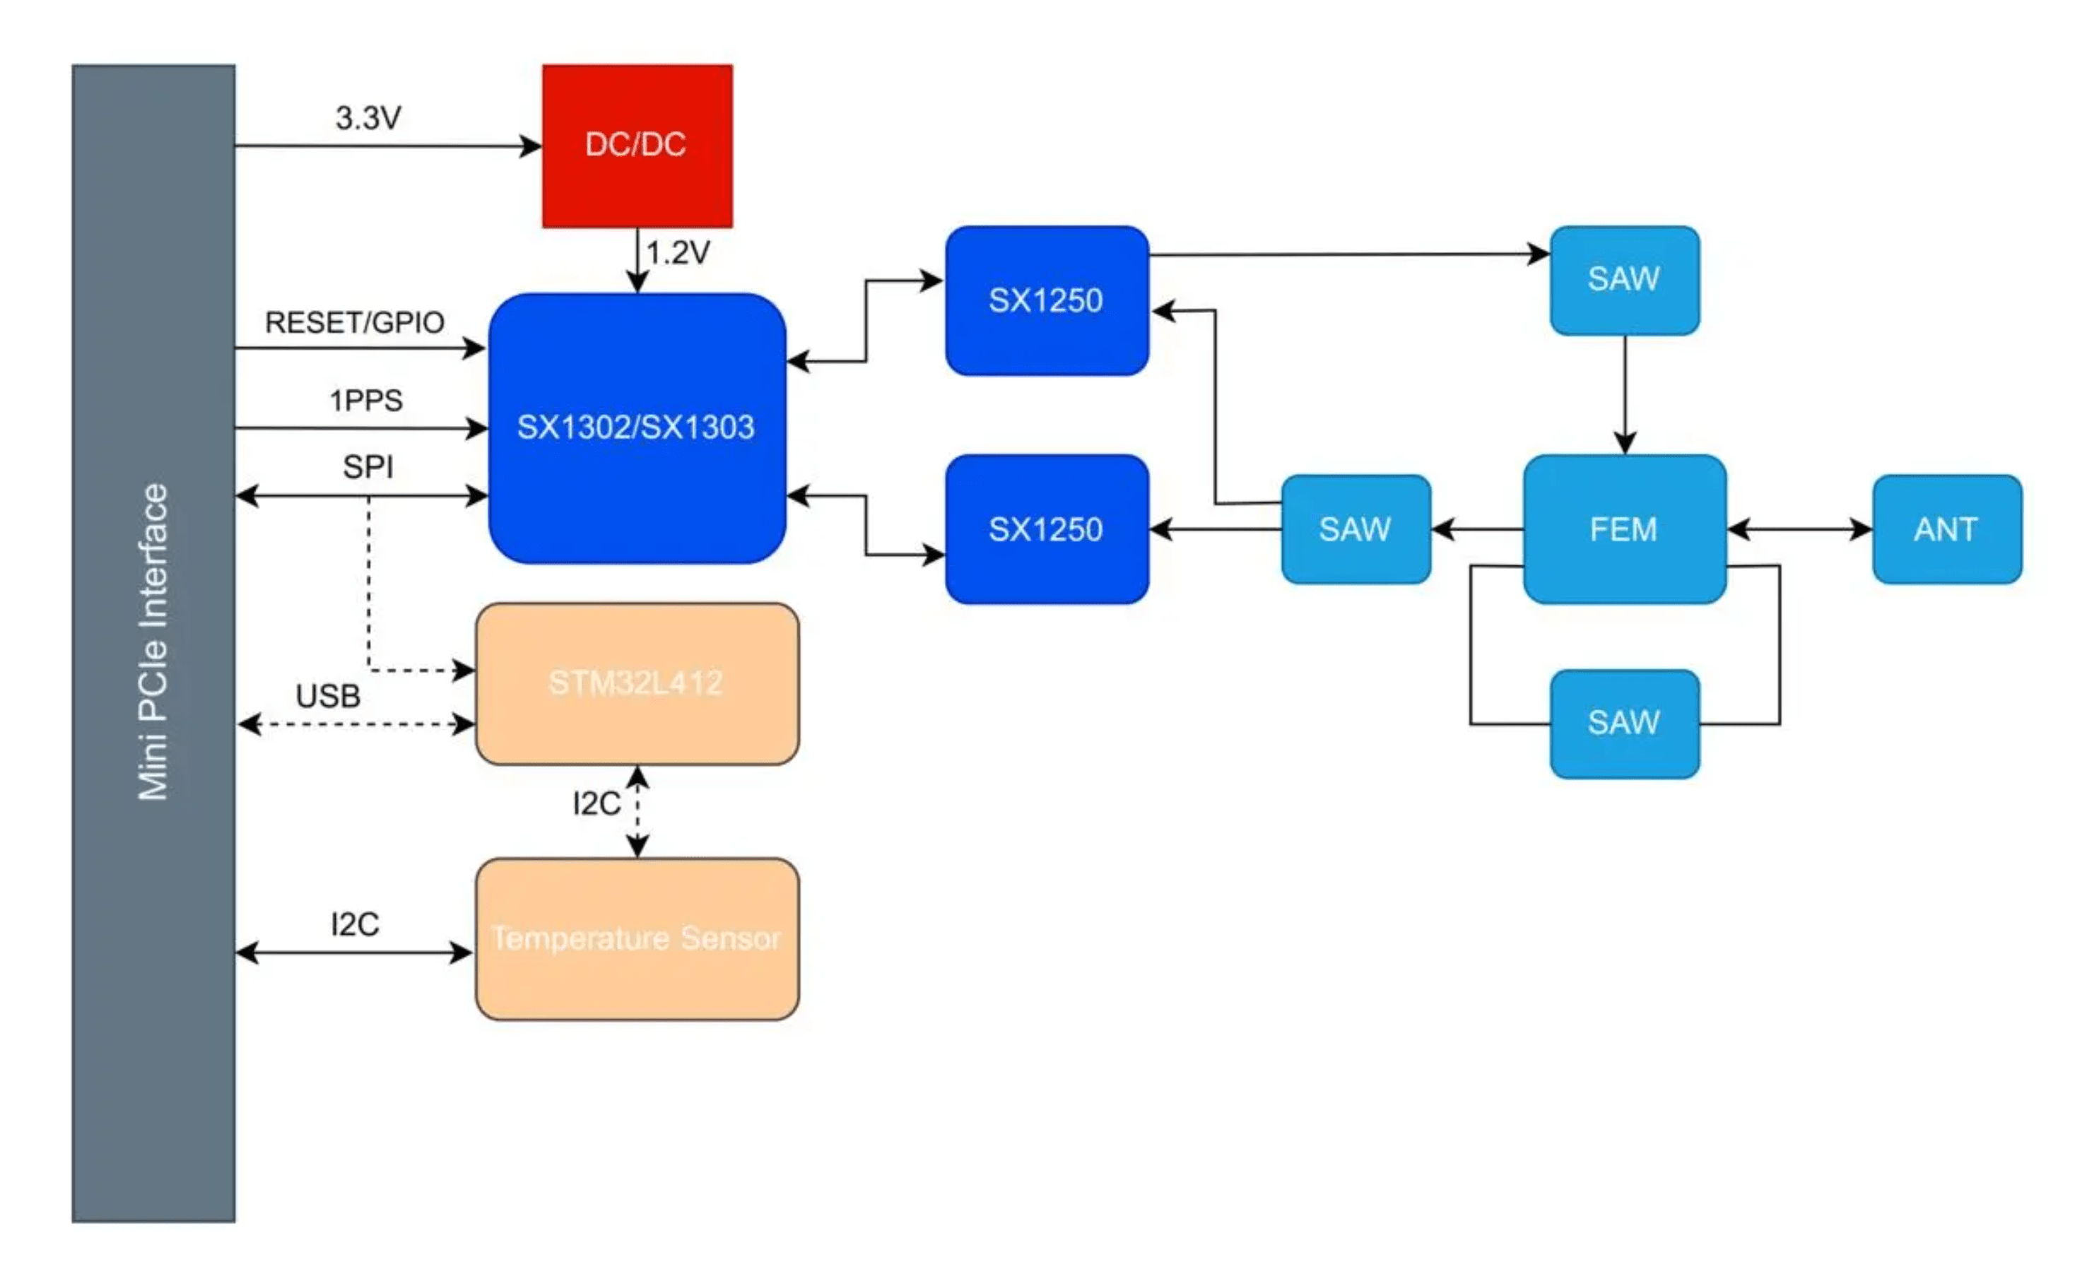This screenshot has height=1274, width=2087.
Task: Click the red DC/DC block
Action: point(637,146)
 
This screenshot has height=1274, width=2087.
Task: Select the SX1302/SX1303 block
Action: point(637,427)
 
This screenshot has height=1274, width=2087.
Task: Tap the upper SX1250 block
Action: point(1047,301)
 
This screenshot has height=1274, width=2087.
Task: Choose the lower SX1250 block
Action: point(1047,529)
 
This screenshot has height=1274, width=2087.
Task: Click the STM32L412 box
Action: point(637,683)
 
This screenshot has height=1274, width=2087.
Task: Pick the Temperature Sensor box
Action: point(637,938)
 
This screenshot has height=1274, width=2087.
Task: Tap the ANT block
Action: point(1946,529)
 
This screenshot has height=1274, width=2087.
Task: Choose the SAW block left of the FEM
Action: point(1356,529)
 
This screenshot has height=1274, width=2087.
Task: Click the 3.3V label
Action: point(368,118)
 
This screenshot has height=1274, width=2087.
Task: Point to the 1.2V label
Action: point(678,252)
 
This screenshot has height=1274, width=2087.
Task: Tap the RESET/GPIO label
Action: point(355,323)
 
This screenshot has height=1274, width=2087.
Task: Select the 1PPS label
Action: point(366,401)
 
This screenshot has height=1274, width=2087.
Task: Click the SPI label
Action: point(368,467)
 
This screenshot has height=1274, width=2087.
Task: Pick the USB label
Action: point(329,696)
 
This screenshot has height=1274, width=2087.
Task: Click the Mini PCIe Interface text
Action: point(154,642)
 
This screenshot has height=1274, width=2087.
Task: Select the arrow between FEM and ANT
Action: point(1799,530)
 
